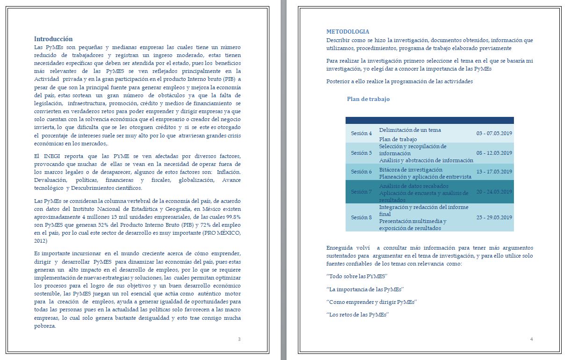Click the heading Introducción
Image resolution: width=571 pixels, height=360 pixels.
(53, 39)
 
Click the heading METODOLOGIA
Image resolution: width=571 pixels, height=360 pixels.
(347, 32)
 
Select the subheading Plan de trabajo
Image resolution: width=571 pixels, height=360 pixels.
(368, 99)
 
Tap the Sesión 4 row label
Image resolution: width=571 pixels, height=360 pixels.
(361, 134)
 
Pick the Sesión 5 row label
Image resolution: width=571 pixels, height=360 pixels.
(361, 153)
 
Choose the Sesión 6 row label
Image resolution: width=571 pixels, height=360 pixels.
(361, 172)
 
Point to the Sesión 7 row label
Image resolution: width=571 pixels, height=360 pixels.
(361, 192)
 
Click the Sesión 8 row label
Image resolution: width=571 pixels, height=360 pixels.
(361, 217)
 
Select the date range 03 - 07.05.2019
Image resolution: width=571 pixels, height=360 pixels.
(494, 134)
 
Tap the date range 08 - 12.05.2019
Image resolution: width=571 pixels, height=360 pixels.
(494, 153)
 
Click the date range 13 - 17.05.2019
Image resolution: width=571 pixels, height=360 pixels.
(494, 172)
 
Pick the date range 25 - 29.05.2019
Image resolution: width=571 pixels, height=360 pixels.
(494, 217)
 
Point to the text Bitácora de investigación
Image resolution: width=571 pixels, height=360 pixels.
(411, 170)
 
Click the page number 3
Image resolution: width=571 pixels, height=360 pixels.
(239, 339)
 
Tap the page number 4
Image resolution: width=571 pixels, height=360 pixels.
(531, 339)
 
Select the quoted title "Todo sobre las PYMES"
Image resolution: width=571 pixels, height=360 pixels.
(357, 276)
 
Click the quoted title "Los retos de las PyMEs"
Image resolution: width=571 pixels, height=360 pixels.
(358, 315)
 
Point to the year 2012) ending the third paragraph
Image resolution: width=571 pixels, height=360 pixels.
(41, 241)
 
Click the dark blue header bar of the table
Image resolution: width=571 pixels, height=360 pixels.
(429, 120)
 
